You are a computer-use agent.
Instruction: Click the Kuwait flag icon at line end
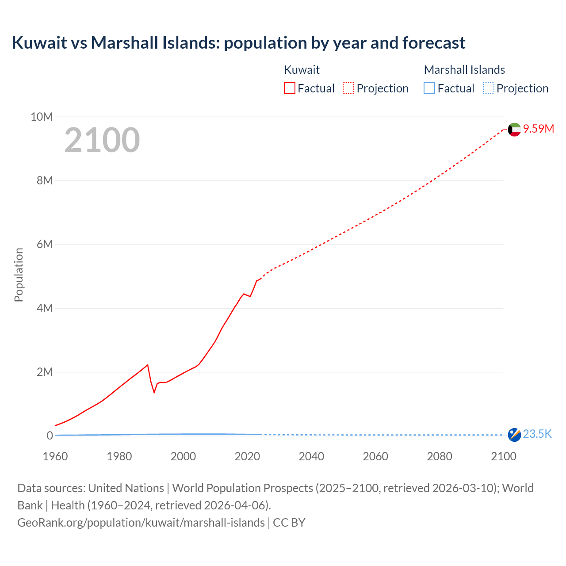point(514,130)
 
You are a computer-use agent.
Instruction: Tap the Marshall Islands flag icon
point(514,435)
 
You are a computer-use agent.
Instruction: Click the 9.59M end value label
point(539,129)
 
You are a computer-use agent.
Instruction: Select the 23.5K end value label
point(537,434)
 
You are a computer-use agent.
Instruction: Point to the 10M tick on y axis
point(42,117)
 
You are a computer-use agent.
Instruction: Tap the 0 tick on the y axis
point(50,436)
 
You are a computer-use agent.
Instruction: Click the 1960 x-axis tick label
point(55,456)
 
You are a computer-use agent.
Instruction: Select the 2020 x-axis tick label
point(247,456)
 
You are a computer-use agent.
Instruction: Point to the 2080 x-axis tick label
point(440,456)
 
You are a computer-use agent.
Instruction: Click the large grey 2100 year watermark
point(102,140)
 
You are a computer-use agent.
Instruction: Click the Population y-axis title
point(19,275)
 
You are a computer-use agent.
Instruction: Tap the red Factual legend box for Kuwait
point(289,88)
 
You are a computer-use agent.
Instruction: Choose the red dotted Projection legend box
point(348,88)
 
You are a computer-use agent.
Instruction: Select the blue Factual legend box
point(429,88)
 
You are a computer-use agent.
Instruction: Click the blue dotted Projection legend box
point(488,88)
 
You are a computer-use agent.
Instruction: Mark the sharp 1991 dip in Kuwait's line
point(154,391)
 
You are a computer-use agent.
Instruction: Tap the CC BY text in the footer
point(289,522)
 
